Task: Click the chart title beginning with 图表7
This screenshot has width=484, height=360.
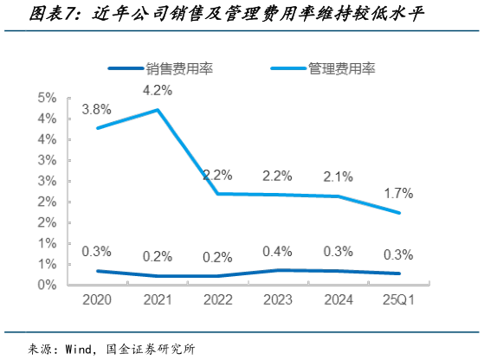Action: (x=216, y=15)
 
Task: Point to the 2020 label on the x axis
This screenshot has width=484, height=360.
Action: (x=96, y=302)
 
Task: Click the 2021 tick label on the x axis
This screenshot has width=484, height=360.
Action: (x=157, y=302)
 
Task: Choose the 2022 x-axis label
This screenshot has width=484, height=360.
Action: (x=217, y=302)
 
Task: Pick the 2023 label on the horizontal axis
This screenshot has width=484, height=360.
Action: (x=278, y=302)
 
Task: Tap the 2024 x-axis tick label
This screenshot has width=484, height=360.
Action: (x=339, y=302)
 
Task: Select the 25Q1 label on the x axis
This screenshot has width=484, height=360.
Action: (x=398, y=302)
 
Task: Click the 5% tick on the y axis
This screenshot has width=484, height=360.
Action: (x=48, y=98)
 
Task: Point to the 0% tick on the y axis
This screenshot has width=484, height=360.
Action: (x=48, y=285)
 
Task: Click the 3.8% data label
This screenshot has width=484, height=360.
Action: (x=96, y=109)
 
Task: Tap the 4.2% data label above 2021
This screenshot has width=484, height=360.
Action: (x=157, y=89)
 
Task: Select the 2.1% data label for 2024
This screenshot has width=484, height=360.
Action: (x=339, y=177)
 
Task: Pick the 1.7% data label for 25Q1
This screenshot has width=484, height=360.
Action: (x=398, y=193)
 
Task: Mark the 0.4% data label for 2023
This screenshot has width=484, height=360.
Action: (x=278, y=251)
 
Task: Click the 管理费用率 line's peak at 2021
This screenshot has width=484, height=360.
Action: (x=157, y=110)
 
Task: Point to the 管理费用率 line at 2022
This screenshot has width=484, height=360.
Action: (x=217, y=194)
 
